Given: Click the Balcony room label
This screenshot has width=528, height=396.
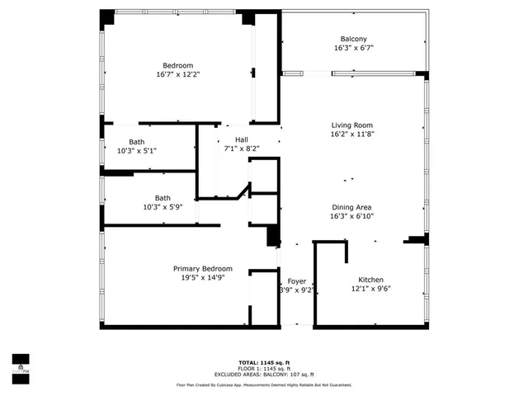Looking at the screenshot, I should (x=353, y=39).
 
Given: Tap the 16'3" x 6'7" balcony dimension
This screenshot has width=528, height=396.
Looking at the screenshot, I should (x=353, y=48).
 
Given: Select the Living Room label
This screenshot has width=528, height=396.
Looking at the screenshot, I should (x=353, y=125).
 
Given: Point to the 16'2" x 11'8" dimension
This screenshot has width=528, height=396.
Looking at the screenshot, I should (x=353, y=134).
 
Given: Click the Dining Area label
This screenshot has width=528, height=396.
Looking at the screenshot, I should (x=351, y=207).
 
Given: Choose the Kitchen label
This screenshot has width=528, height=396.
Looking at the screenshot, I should (x=370, y=280).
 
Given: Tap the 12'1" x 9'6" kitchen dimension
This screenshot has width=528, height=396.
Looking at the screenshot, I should (x=370, y=289).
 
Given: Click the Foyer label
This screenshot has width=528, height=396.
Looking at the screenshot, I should (x=296, y=281).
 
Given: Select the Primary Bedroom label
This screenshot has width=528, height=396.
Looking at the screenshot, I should (x=202, y=269).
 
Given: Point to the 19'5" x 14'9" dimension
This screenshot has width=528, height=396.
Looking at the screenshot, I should (x=202, y=278).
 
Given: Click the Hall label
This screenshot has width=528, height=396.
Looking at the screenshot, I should (x=242, y=139).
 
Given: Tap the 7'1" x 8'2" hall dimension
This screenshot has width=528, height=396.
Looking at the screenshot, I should (x=242, y=148).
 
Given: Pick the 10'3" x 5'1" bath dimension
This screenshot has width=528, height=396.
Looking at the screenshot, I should (x=137, y=151).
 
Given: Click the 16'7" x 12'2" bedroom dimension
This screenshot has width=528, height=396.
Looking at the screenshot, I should (x=178, y=74).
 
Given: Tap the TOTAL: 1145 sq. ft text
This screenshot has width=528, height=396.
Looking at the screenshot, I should (x=264, y=362).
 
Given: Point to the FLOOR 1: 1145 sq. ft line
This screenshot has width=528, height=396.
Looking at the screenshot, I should (x=264, y=368).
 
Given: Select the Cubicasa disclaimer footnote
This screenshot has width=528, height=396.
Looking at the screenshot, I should (x=264, y=384).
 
